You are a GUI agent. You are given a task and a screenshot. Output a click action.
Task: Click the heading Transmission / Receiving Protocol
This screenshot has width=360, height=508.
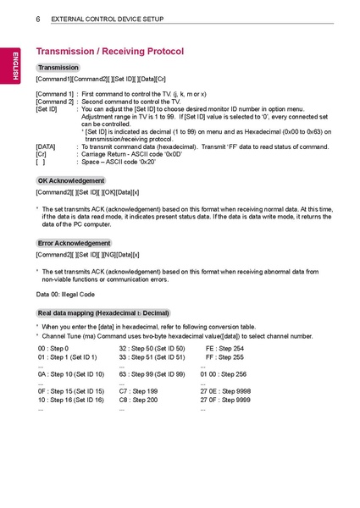(x=109, y=52)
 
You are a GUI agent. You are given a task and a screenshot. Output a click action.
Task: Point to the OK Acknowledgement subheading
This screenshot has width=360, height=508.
(x=71, y=180)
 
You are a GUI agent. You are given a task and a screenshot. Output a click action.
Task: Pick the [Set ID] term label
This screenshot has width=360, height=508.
(x=47, y=108)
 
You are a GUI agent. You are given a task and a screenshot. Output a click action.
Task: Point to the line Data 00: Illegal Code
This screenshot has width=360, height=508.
(x=65, y=294)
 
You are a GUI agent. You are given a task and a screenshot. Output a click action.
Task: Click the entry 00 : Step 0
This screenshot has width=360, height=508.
(x=53, y=348)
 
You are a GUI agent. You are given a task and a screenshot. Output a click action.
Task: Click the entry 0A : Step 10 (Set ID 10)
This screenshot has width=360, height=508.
(x=71, y=373)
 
